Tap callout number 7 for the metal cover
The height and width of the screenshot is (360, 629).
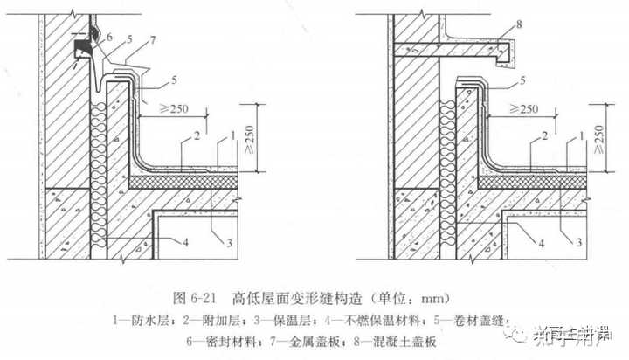point(155,41)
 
